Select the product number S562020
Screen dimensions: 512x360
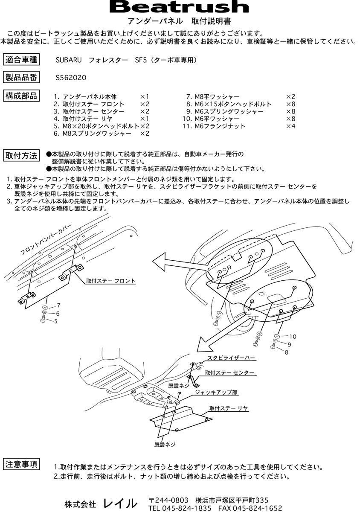coord(71,78)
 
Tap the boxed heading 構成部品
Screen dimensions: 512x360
coord(22,96)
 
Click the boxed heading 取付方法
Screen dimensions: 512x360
coord(22,156)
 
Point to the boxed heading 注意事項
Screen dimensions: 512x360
coord(22,464)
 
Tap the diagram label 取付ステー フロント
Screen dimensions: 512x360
coord(110,281)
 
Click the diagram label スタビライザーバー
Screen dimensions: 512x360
coord(231,358)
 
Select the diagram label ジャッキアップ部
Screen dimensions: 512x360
coord(216,392)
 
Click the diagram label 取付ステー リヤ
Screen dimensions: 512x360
coord(229,408)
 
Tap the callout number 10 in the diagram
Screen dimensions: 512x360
coord(292,337)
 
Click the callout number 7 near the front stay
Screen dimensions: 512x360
coord(58,305)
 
